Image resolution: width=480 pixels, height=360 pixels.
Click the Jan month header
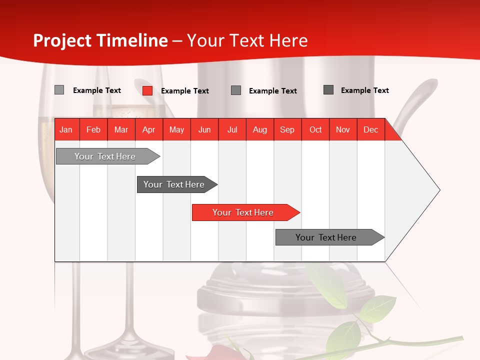(x=66, y=130)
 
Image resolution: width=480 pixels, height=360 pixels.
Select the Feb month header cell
(x=93, y=130)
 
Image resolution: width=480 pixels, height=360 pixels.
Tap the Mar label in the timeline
(x=121, y=130)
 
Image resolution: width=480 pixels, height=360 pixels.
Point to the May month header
(x=176, y=130)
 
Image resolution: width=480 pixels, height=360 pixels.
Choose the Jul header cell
(x=232, y=130)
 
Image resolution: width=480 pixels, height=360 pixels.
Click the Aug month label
(x=260, y=130)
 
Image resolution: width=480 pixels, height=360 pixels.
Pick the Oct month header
(x=315, y=130)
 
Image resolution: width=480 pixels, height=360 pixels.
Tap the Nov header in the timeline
(x=343, y=130)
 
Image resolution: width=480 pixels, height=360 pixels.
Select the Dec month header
(x=370, y=130)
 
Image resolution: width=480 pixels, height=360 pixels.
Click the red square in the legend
(x=147, y=90)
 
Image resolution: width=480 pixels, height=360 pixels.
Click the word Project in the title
(x=63, y=40)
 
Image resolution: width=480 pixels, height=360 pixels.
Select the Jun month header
(x=204, y=130)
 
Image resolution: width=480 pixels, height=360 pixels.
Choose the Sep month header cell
(x=287, y=130)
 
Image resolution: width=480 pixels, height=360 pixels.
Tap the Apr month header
(x=149, y=130)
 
